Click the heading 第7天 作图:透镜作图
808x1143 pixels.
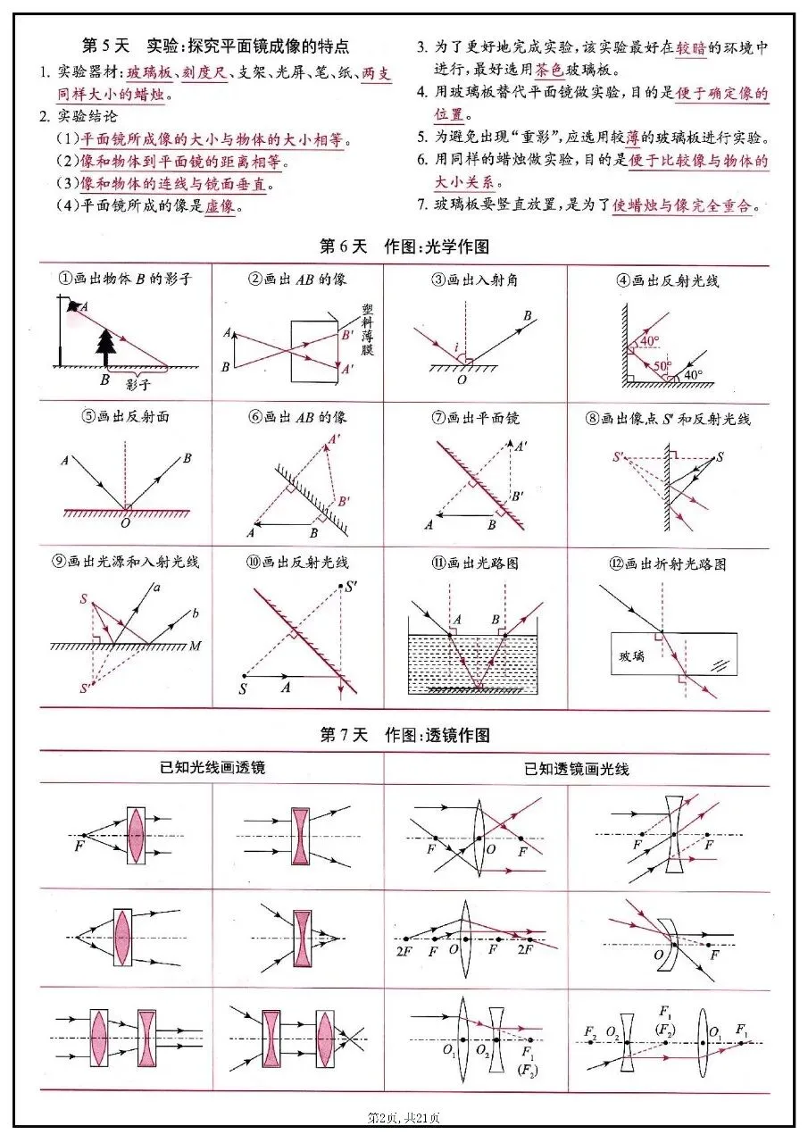[404, 735]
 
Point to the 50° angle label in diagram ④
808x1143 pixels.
[660, 366]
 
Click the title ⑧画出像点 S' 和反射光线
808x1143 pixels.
[669, 418]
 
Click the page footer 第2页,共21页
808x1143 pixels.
[404, 1117]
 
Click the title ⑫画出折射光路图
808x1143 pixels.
[669, 563]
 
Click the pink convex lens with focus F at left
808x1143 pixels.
[136, 835]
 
